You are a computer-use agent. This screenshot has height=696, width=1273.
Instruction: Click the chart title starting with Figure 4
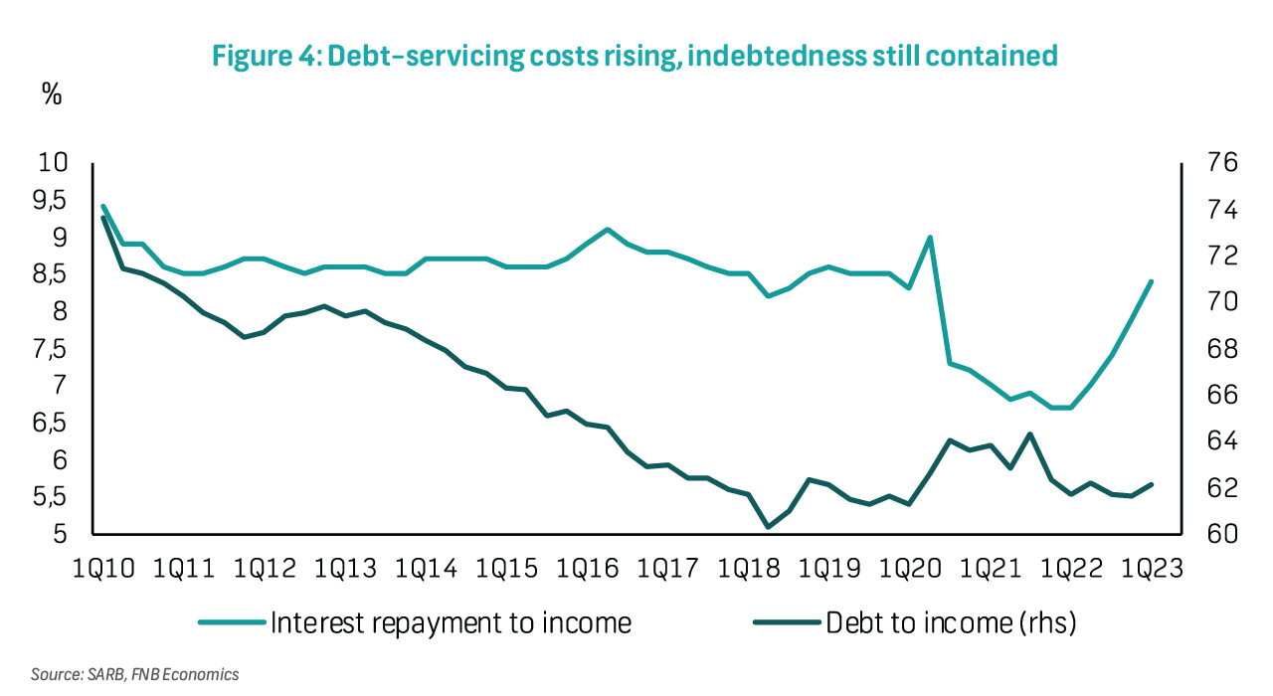point(635,57)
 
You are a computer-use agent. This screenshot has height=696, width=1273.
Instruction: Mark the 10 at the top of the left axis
point(52,163)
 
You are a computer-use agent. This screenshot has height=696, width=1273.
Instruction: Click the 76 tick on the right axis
point(1210,163)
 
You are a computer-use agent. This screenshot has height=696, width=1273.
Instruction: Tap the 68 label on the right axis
point(1210,349)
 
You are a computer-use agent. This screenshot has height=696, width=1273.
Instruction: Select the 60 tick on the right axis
point(1210,535)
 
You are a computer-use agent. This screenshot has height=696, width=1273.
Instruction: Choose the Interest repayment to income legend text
point(451,623)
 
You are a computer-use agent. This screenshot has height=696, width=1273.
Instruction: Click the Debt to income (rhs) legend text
point(951,623)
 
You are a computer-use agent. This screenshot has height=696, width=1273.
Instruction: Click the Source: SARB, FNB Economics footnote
point(135,675)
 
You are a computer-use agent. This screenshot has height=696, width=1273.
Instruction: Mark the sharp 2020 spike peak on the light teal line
point(930,238)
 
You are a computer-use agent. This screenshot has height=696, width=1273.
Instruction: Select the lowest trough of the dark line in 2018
point(768,527)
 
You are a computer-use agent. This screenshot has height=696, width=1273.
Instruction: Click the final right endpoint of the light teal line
point(1151,282)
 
